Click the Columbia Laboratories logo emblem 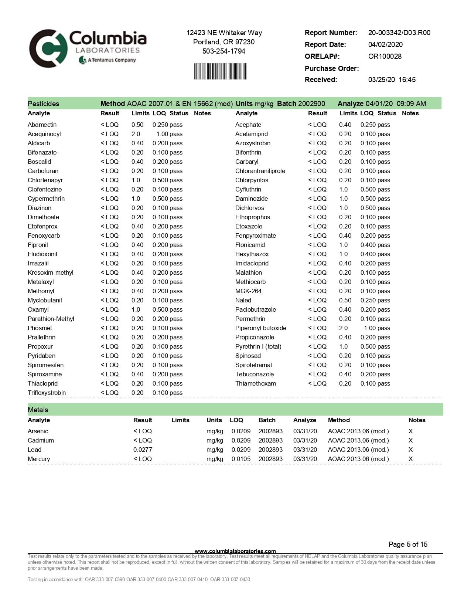48,48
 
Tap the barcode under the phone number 221,71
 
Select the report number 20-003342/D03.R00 399,33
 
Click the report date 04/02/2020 385,44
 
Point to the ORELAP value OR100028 385,56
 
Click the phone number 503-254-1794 223,51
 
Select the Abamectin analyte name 42,125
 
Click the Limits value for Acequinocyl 136,134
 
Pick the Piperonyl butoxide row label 260,328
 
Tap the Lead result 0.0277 143,450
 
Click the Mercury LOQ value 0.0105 241,459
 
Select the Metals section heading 38,410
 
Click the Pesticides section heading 43,104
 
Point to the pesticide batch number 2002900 311,104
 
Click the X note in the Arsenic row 410,431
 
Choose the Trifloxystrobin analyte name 47,393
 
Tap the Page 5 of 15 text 408,544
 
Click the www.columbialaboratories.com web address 235,551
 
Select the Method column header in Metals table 338,420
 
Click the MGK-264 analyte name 248,291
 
